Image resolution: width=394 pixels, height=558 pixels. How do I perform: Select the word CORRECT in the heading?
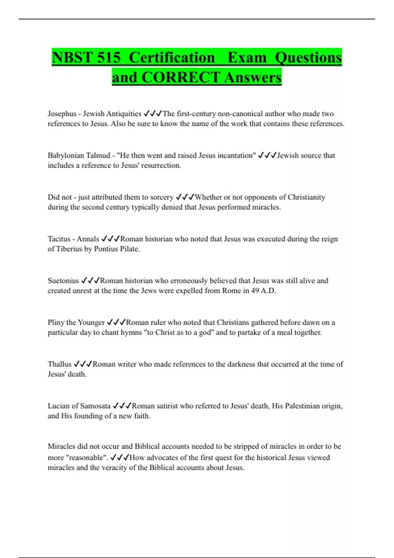[x=181, y=77]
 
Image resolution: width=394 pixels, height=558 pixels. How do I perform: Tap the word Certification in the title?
[x=172, y=58]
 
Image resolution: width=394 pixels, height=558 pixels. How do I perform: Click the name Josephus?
[x=62, y=114]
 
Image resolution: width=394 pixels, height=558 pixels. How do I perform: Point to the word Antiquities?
[x=123, y=114]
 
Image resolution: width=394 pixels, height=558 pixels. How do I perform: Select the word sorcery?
[x=162, y=197]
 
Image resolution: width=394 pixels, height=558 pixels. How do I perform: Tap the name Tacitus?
[x=59, y=239]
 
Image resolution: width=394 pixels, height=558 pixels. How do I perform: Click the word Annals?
[x=88, y=239]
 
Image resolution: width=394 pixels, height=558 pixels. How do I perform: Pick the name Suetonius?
[x=63, y=281]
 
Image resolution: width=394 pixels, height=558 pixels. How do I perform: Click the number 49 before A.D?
[x=255, y=291]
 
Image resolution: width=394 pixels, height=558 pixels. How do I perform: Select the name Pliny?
[x=56, y=322]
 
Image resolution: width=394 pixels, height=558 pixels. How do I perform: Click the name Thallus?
[x=59, y=364]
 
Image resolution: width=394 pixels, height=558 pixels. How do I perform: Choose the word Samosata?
[x=95, y=406]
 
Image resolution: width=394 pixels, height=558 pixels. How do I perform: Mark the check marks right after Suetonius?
[x=90, y=281]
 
